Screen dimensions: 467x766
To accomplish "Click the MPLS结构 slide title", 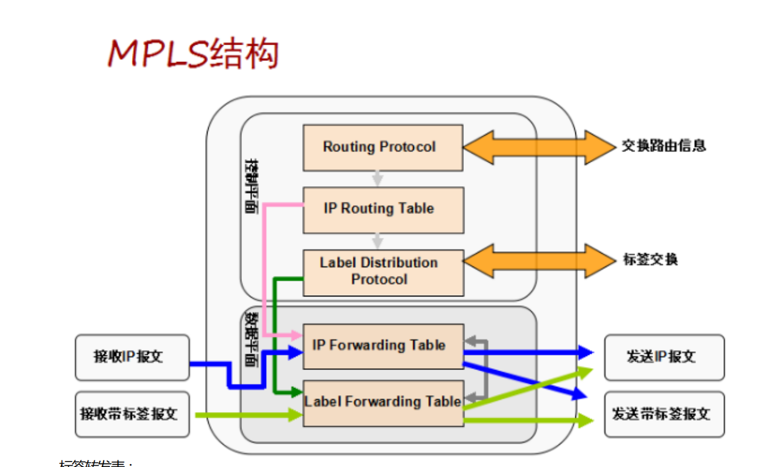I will (x=193, y=54).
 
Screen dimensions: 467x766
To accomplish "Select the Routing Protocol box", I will (x=382, y=148).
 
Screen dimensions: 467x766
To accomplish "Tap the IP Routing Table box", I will (x=382, y=210).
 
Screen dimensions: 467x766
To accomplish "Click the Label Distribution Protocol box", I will (x=382, y=272).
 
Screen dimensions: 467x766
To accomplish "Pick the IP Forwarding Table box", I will (x=382, y=346).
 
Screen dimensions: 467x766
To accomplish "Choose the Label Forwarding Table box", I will (x=382, y=403).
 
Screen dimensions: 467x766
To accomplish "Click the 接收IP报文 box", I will (x=132, y=357).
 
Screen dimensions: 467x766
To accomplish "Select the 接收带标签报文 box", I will (x=132, y=414).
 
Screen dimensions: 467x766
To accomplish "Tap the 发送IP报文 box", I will (x=664, y=357).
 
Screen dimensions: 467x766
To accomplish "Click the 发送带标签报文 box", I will (x=664, y=414).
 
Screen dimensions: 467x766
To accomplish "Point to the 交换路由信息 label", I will (x=663, y=146).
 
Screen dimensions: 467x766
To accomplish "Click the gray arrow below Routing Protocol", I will (x=378, y=179).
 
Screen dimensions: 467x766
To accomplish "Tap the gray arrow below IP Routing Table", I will (x=378, y=241).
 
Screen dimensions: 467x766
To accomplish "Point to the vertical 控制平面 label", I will (x=252, y=187).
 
